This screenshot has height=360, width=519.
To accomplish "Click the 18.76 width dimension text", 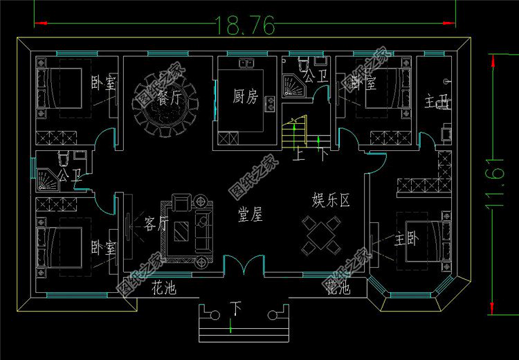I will (246, 25).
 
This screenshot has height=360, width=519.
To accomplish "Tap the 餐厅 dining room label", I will (169, 98).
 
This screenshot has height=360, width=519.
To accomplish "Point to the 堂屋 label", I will (250, 215).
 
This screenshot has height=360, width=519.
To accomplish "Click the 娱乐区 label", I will (331, 201).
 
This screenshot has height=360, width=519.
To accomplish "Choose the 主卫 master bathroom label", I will (437, 105).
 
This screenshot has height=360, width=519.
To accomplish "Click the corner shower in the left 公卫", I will (46, 179).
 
